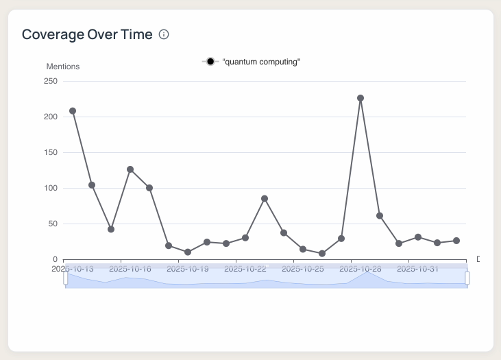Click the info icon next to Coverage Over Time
point(164,34)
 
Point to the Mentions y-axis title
point(63,67)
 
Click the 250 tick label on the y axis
point(50,81)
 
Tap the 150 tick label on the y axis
point(50,152)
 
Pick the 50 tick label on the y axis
point(52,224)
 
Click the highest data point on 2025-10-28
point(361,98)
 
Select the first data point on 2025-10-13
point(73,111)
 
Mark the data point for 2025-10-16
point(130,169)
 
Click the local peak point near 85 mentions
point(265,199)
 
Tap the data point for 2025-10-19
point(188,252)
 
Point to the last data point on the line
point(456,241)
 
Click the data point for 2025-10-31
point(418,237)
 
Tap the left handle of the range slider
point(66,278)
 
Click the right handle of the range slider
point(467,278)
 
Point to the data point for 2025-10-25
point(303,250)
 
